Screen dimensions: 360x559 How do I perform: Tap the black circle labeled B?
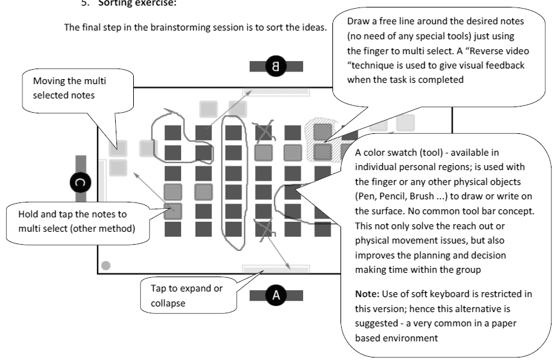275,66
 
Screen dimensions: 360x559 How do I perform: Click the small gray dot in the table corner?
106,265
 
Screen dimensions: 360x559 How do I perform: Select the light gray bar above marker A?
275,269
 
